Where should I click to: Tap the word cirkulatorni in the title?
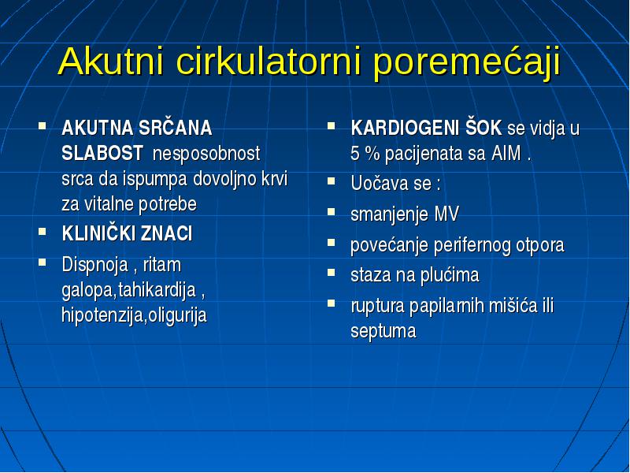pyautogui.click(x=269, y=61)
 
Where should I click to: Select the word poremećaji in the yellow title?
pyautogui.click(x=466, y=64)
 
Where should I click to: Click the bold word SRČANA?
pyautogui.click(x=175, y=128)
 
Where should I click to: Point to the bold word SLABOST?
pyautogui.click(x=102, y=153)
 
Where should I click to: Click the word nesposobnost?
pyautogui.click(x=206, y=154)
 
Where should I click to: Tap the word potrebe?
pyautogui.click(x=168, y=205)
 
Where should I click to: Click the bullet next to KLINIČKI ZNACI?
pyautogui.click(x=42, y=231)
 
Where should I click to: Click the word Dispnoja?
pyautogui.click(x=94, y=266)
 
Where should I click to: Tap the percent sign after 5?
pyautogui.click(x=372, y=154)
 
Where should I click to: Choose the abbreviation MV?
pyautogui.click(x=446, y=214)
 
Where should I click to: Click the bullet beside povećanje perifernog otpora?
pyautogui.click(x=331, y=242)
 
